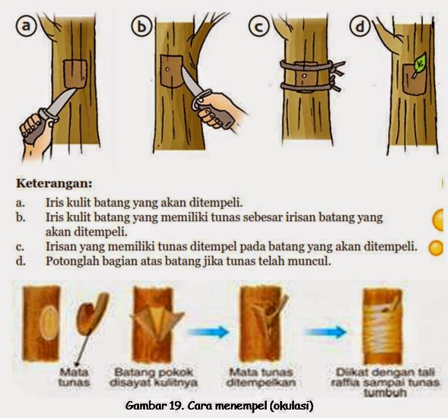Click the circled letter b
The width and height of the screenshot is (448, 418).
click(142, 27)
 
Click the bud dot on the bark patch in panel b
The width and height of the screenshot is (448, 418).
click(168, 69)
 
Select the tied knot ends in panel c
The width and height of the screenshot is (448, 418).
click(337, 75)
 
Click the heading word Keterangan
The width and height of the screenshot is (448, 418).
click(54, 183)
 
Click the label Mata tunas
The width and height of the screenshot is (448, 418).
click(74, 377)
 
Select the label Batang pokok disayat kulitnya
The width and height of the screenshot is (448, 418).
click(153, 377)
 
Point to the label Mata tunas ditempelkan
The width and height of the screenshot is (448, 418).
click(261, 377)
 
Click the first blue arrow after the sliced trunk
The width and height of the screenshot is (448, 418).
click(208, 332)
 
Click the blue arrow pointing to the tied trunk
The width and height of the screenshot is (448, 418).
click(325, 332)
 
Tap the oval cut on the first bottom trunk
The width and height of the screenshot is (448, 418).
click(49, 323)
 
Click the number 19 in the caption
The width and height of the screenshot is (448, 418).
click(175, 406)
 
